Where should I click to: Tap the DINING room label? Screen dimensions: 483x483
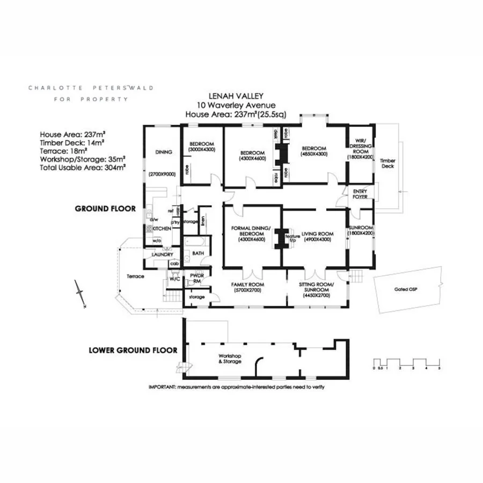163,152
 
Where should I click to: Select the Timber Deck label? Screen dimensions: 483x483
387,164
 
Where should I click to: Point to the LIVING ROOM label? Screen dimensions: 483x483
318,234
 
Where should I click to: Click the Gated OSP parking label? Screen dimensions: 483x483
408,290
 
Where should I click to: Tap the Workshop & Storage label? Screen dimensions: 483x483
229,358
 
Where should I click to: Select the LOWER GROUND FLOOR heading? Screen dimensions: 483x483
133,350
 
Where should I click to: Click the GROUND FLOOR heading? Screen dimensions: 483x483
105,208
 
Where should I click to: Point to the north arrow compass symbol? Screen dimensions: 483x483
81,292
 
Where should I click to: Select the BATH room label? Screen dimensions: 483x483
197,253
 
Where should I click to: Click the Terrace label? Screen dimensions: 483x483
135,276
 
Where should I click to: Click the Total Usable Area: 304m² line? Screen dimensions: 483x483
83,167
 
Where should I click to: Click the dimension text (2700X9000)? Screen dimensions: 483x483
163,174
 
